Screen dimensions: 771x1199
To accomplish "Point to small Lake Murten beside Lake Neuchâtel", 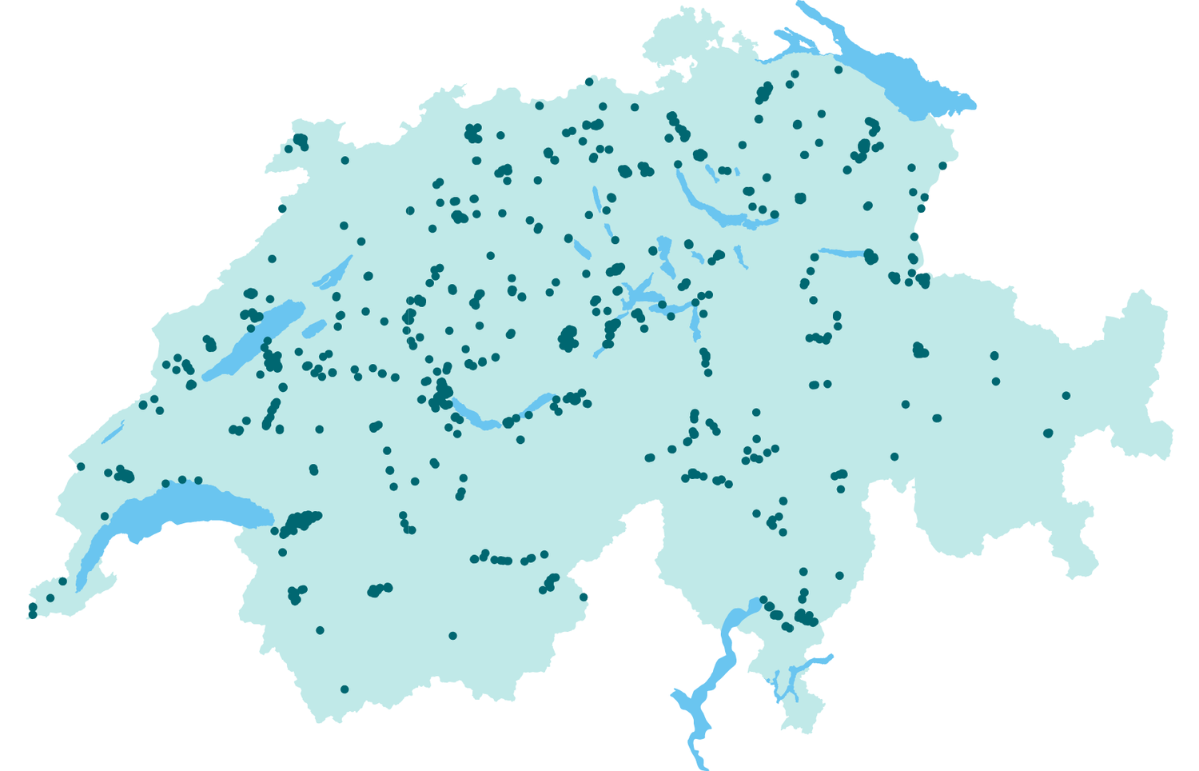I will click(x=314, y=329).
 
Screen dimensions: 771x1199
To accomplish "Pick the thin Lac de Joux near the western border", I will click(x=114, y=432).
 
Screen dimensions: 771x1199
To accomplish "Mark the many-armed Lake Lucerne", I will click(x=639, y=296).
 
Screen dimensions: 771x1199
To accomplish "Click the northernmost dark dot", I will click(x=589, y=82).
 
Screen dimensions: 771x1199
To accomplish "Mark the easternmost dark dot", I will click(x=1066, y=396).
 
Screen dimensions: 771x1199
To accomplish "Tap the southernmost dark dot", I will click(x=345, y=689).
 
